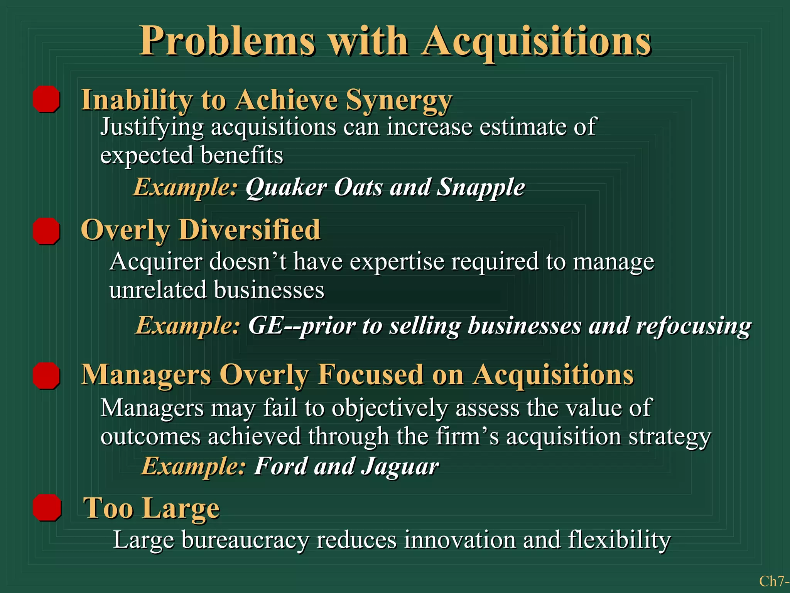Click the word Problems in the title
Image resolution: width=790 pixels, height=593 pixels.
[x=228, y=41]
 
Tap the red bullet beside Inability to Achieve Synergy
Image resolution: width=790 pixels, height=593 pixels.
[x=46, y=99]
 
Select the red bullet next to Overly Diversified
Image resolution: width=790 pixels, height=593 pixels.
[x=46, y=231]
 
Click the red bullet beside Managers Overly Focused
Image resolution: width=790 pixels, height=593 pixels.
[x=46, y=375]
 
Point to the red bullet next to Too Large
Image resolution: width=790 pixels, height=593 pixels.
[x=47, y=507]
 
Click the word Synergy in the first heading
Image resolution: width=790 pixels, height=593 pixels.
[x=398, y=100]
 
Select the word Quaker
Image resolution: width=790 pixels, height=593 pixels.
[x=286, y=188]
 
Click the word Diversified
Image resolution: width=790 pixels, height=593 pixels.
[x=249, y=230]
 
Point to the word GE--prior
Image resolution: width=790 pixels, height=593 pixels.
[x=302, y=325]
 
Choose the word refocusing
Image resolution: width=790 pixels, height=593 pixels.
[x=694, y=325]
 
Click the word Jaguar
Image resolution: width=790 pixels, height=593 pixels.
[x=400, y=466]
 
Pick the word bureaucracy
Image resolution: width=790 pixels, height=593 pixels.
[x=245, y=540]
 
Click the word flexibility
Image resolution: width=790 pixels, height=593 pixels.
[x=620, y=540]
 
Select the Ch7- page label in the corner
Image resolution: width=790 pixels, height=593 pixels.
[x=774, y=581]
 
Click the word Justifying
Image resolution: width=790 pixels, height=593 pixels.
[x=152, y=127]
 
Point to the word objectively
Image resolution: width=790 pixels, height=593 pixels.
[x=390, y=408]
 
